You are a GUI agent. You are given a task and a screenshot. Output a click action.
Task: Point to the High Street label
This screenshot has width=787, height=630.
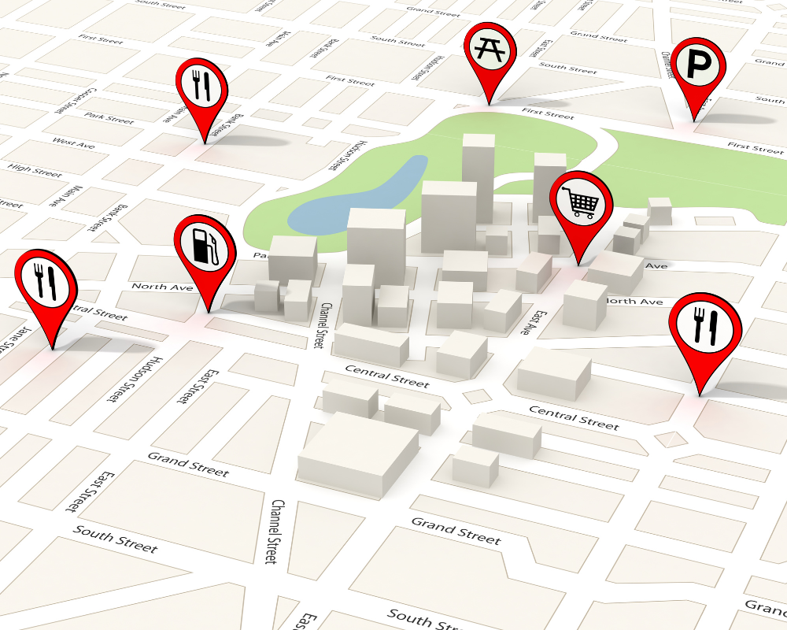[35, 169]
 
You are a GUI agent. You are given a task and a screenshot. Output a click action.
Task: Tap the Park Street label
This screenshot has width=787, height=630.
[109, 119]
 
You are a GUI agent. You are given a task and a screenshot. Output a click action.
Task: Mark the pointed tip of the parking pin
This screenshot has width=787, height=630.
[694, 120]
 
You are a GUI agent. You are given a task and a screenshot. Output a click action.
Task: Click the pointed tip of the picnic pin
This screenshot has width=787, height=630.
[489, 104]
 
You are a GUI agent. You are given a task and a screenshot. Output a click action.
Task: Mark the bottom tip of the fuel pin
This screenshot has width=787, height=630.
[209, 312]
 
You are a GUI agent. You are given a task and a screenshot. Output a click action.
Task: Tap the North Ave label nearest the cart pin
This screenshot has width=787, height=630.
[634, 302]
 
